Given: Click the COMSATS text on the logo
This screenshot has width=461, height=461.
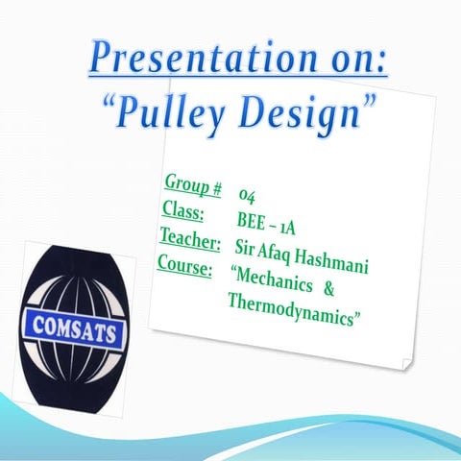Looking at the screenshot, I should pyautogui.click(x=75, y=329).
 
